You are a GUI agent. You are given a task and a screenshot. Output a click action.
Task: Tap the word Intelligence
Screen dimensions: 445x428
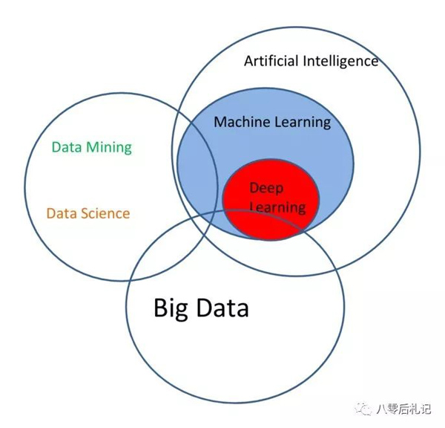click(x=340, y=62)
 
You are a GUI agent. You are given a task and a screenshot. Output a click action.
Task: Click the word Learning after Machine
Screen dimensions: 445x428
click(x=303, y=123)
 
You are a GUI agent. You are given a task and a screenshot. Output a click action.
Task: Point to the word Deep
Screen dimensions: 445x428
click(x=266, y=189)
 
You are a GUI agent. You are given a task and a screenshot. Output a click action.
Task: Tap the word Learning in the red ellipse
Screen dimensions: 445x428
click(x=278, y=207)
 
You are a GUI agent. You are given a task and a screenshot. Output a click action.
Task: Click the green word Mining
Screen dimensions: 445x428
click(x=109, y=148)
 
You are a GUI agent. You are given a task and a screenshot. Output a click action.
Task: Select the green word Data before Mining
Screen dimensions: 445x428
click(x=67, y=147)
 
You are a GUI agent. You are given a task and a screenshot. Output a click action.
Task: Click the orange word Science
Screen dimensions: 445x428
click(x=105, y=213)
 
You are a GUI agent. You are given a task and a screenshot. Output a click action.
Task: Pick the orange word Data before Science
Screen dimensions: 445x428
click(x=62, y=213)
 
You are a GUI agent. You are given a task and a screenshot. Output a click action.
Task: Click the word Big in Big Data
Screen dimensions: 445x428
click(x=171, y=309)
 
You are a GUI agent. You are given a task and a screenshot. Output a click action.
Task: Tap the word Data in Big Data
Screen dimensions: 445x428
click(x=222, y=308)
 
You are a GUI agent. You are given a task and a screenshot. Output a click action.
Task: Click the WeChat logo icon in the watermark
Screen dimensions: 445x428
click(x=363, y=409)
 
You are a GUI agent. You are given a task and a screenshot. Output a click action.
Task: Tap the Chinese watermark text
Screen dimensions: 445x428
click(x=403, y=409)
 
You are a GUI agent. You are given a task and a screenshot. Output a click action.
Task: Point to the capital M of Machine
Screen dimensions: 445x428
click(x=220, y=122)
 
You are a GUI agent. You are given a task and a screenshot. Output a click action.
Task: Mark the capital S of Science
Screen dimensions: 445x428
click(x=85, y=213)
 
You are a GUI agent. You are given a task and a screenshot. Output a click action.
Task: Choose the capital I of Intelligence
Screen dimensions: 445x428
click(x=305, y=61)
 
